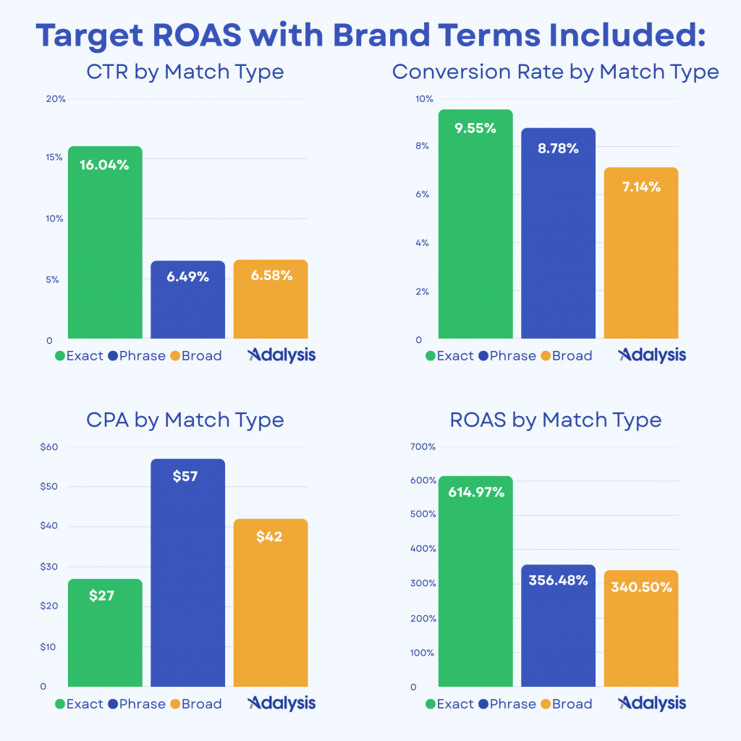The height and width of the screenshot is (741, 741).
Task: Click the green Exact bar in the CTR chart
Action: coord(105,246)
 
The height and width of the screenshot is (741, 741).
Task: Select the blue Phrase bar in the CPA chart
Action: coord(187,579)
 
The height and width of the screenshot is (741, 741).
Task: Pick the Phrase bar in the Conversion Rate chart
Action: coord(558,239)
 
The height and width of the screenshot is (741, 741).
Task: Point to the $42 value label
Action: coord(269,537)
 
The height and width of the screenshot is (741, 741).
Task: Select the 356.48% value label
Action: coord(558,580)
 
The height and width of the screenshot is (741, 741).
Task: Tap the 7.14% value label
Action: coord(640,187)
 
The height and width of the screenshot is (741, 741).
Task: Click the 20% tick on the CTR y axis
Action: coord(56,99)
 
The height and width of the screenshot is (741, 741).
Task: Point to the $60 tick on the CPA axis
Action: coord(49,446)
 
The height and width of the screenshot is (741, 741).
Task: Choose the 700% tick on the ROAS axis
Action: coord(422,446)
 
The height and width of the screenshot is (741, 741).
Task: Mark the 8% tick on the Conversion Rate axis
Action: coord(422,146)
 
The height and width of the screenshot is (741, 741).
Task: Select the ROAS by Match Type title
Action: coord(556,420)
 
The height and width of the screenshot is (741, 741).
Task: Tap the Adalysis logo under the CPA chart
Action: coord(281,703)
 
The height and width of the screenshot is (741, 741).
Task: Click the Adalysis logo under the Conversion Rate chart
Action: coord(652,355)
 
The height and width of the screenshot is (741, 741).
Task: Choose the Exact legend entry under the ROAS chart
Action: coord(449,703)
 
